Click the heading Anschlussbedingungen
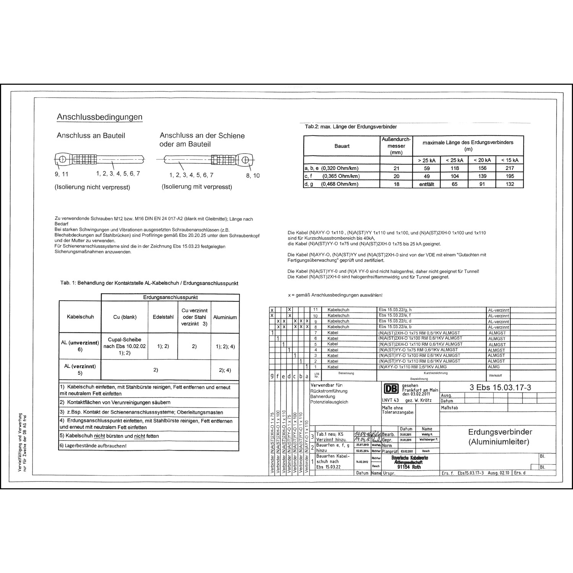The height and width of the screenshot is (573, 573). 99,117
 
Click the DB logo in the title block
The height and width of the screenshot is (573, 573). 390,389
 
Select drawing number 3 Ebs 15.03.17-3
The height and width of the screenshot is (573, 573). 500,387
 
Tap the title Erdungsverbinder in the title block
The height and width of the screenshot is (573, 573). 500,432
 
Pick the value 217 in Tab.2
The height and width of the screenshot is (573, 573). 510,168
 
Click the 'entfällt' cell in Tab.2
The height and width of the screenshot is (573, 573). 427,184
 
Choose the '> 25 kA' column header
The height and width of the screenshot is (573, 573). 427,160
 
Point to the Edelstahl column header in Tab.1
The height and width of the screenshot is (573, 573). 163,317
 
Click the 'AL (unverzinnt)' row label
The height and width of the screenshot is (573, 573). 80,343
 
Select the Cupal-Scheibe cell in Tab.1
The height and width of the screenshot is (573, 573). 125,346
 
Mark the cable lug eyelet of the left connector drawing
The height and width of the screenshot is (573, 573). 63,159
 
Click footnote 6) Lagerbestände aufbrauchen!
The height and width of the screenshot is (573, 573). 93,446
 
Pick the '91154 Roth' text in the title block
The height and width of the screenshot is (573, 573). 409,467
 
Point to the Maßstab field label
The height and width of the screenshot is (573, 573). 449,408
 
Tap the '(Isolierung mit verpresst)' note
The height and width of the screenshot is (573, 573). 197,187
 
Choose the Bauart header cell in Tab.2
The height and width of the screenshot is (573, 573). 342,146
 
